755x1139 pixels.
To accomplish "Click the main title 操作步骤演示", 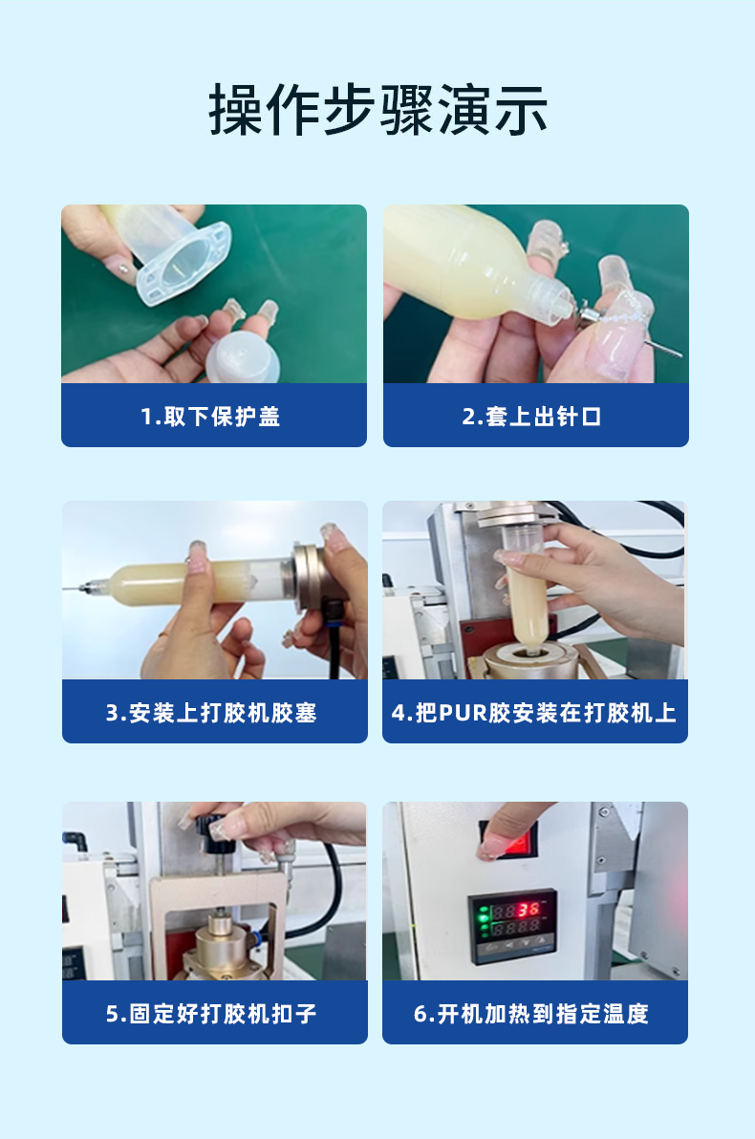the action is tap(377, 111).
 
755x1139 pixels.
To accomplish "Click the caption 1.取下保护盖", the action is tap(211, 417).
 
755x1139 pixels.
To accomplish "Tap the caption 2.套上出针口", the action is tap(532, 417).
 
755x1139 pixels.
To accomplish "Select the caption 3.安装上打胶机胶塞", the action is tap(211, 713).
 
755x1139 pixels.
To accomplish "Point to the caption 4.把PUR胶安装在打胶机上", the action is tap(534, 713).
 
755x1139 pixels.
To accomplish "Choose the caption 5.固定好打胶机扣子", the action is tap(211, 1013).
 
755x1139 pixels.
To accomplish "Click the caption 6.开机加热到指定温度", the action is tap(531, 1013).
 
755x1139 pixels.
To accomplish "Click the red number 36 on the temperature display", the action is tap(529, 909).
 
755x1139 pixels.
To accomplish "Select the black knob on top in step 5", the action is tap(216, 827).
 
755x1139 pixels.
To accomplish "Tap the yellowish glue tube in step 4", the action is tap(528, 606).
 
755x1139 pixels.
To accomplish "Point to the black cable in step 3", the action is tap(334, 646).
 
